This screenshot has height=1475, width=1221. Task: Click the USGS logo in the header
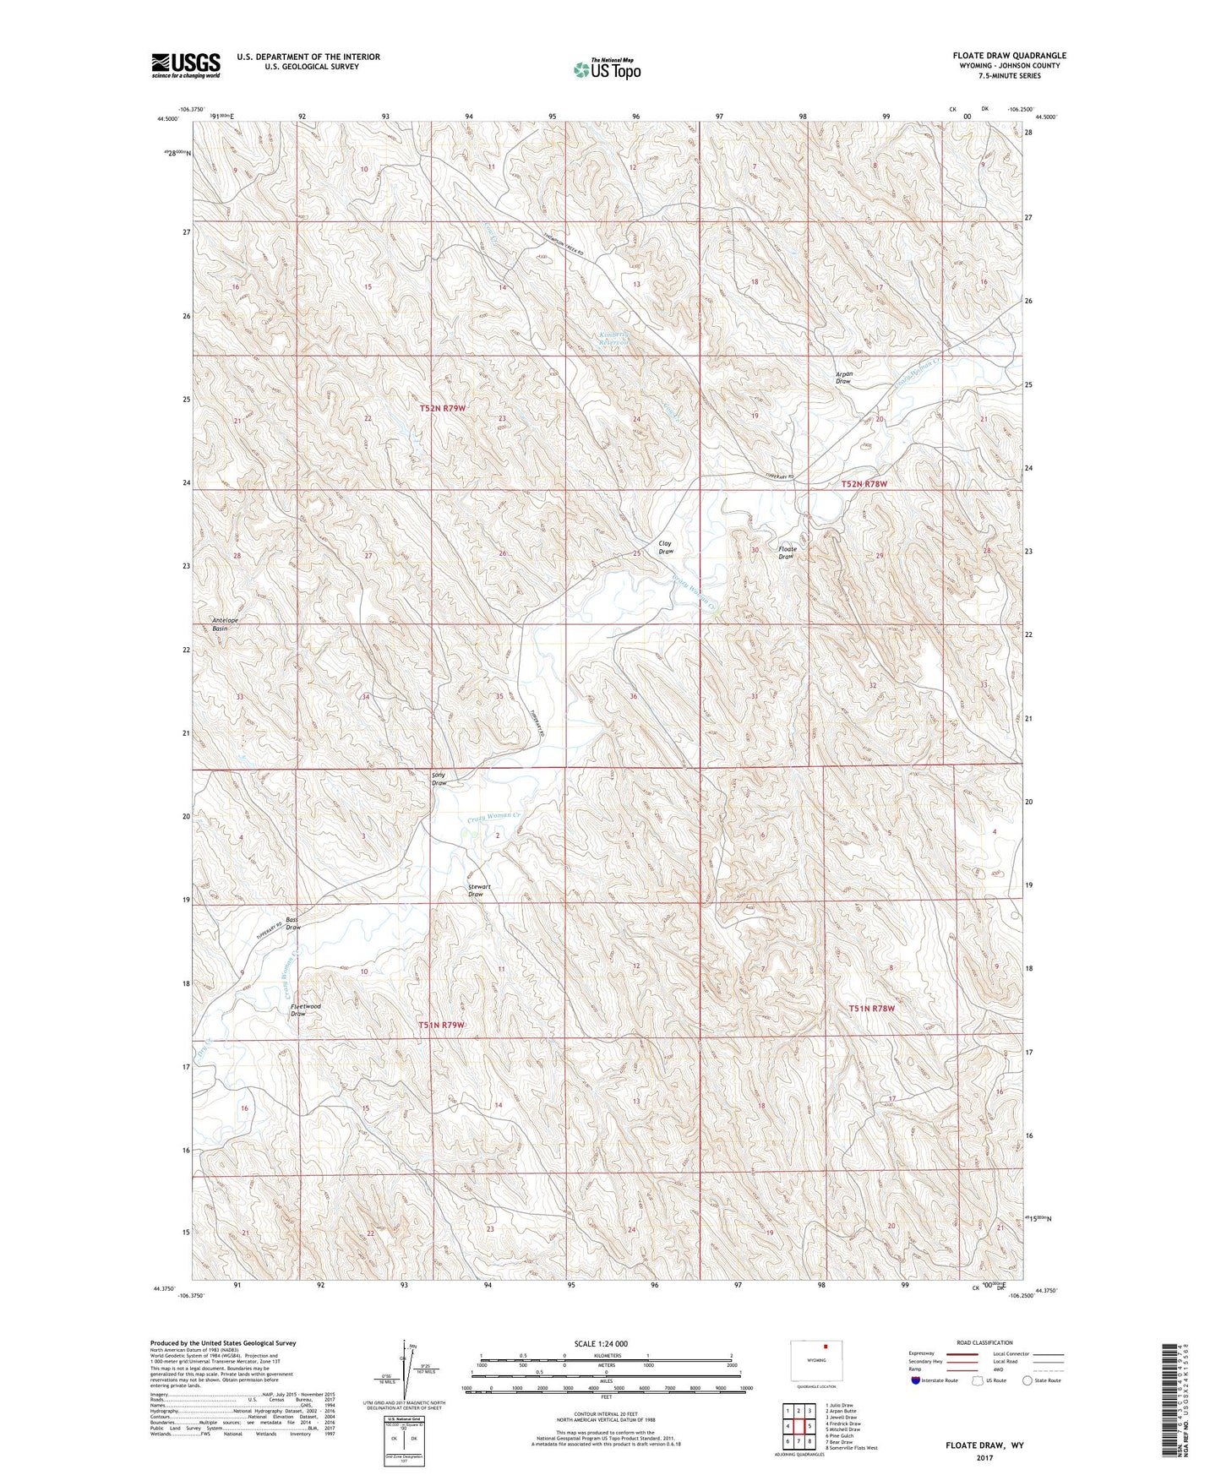(186, 65)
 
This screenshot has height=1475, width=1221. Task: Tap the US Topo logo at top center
(607, 69)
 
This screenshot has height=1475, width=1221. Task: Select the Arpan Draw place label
(843, 378)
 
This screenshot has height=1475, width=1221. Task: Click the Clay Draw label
(666, 547)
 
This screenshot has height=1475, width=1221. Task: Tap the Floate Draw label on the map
(786, 552)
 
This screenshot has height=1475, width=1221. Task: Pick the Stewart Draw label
(479, 890)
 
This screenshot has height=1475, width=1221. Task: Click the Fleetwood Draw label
(305, 1010)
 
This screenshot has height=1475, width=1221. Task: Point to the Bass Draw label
(292, 923)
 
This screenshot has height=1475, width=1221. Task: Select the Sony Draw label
(439, 779)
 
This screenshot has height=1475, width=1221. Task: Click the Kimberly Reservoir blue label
(615, 338)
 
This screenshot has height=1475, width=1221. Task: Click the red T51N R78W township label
(871, 1008)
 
